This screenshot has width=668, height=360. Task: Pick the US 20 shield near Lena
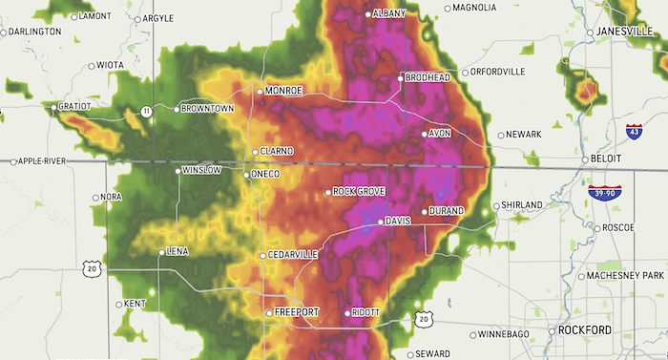point(91,269)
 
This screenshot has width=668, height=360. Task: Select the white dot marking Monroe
point(260,91)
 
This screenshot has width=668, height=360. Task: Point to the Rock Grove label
point(360,192)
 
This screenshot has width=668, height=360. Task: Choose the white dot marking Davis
point(380,222)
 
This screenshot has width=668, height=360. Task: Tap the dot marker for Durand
point(425,211)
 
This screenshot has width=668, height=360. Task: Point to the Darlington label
point(34,32)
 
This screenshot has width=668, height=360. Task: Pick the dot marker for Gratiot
point(52,108)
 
